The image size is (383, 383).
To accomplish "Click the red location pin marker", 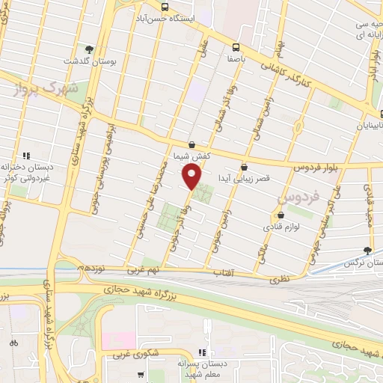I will point(192,177).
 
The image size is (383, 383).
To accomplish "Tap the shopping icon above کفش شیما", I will point(192,144).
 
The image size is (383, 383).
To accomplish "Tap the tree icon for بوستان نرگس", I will point(367,251).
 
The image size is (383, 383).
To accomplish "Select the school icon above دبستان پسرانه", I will point(201,352).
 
